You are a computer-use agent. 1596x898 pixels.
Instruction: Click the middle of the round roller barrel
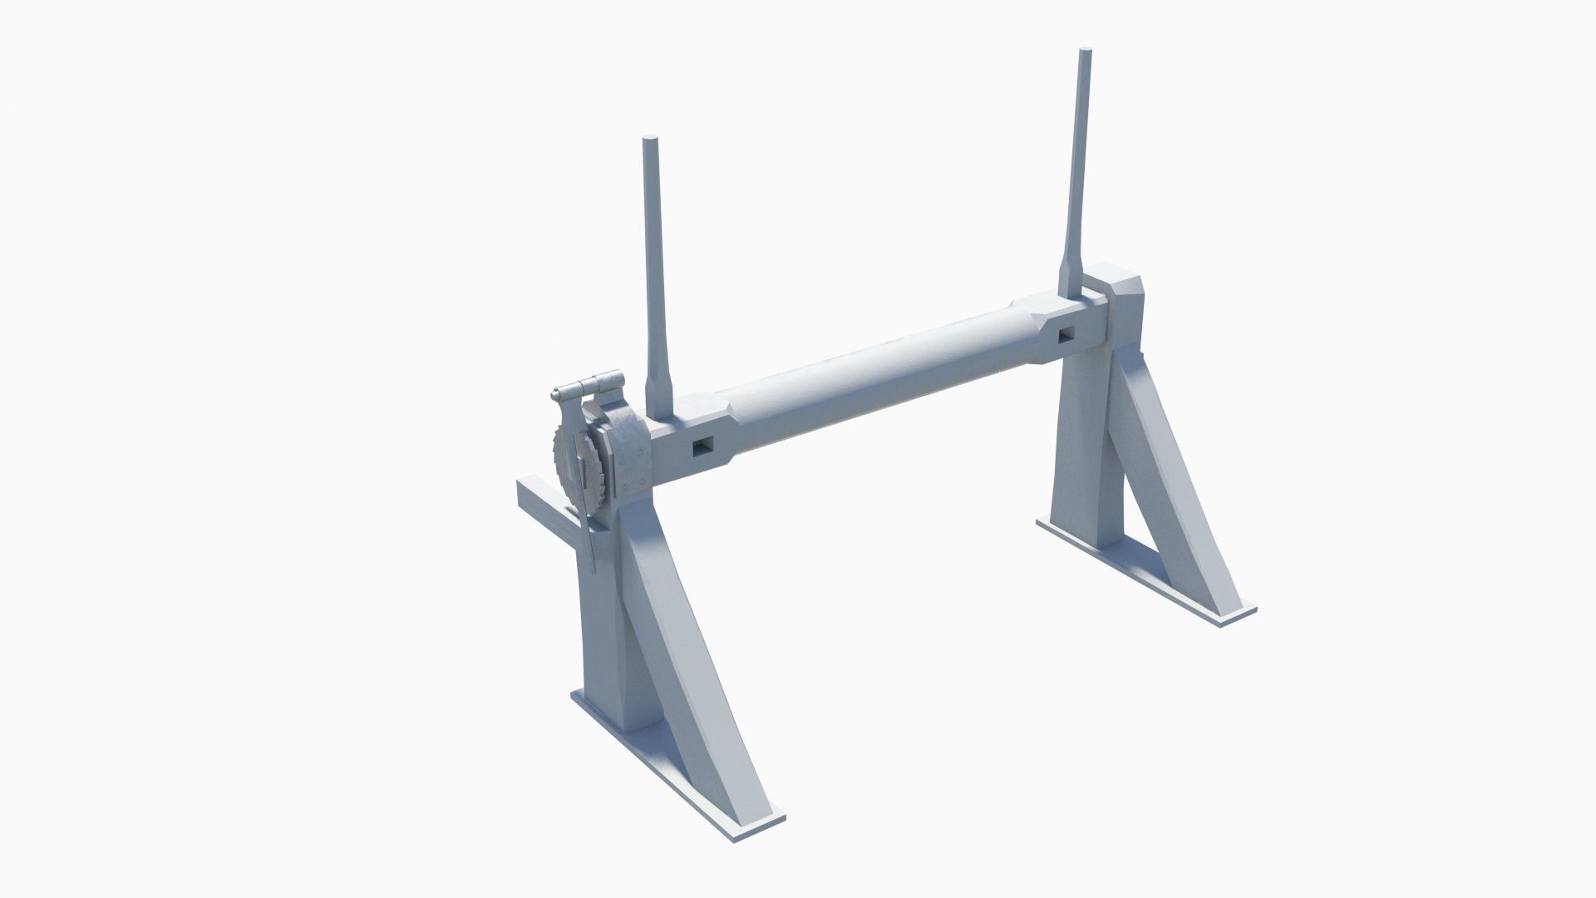pos(873,378)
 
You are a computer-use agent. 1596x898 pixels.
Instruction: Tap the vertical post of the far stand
pos(1081,449)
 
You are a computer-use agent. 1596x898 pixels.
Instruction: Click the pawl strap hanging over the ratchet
pos(592,516)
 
